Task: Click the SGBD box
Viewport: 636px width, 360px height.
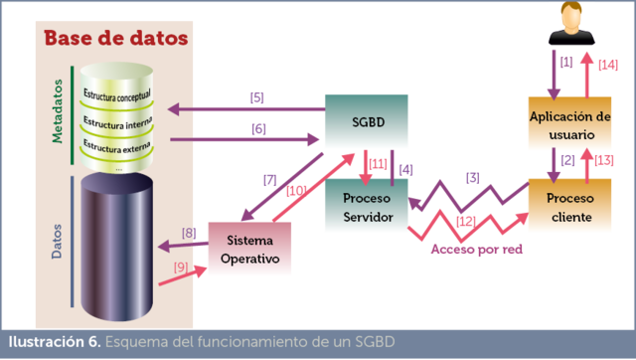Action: pos(367,122)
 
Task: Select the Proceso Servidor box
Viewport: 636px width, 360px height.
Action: pos(367,208)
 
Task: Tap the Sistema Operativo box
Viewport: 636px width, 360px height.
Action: pos(249,250)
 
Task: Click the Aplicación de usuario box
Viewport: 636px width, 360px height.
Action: pos(569,124)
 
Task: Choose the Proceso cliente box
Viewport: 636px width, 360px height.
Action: pos(569,207)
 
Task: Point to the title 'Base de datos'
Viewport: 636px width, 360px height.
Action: pos(114,40)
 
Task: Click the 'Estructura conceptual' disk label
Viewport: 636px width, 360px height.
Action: pos(117,96)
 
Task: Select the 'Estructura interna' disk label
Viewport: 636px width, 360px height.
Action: pos(117,121)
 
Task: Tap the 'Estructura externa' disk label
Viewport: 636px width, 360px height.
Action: pos(117,146)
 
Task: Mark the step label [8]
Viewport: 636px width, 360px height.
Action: pos(189,235)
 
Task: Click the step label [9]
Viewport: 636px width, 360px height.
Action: pos(181,266)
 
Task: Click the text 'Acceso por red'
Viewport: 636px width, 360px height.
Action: pos(476,250)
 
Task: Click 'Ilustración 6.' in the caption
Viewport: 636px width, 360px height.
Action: pos(54,342)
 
